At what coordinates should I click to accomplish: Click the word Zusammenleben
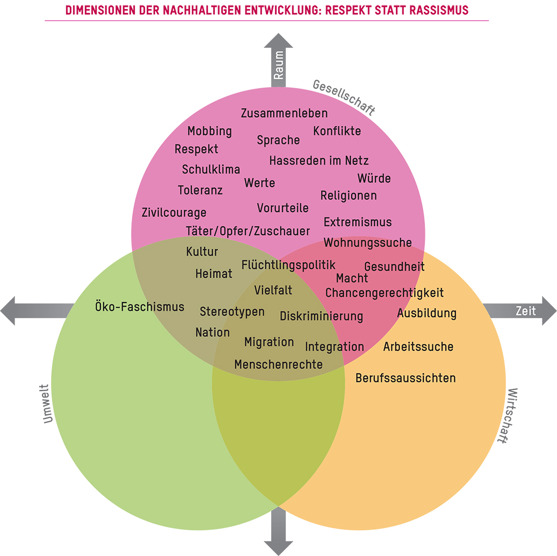point(284,113)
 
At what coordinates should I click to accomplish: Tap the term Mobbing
point(209,131)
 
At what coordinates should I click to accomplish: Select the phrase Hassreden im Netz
point(319,161)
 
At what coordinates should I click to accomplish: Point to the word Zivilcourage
point(174,212)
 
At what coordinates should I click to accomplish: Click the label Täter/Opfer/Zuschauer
point(248,231)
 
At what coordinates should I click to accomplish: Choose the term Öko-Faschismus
point(140,307)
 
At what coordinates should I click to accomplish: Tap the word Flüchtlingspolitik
point(288,265)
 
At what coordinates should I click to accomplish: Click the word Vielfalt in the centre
point(273,290)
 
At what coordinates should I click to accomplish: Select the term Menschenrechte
point(278,365)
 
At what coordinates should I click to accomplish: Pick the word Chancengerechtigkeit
point(385,293)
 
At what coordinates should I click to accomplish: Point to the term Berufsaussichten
point(406,378)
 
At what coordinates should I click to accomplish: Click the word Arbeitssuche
point(418,347)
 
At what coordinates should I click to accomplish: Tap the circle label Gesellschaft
point(344,97)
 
